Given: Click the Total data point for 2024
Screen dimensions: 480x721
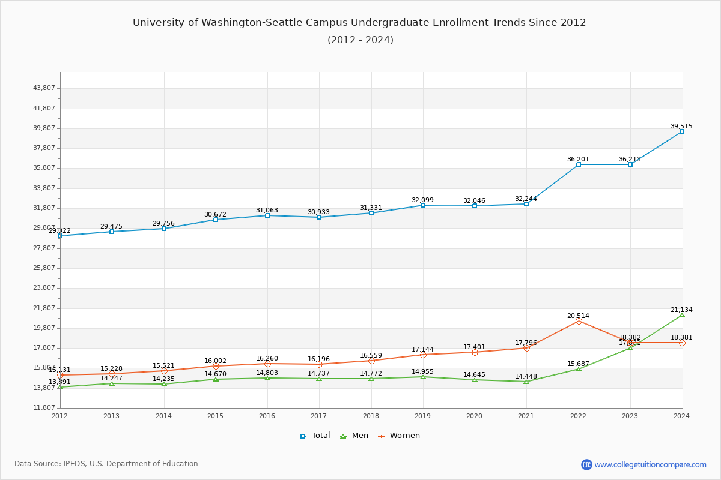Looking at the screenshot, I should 682,131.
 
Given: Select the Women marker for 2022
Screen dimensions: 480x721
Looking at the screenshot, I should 579,322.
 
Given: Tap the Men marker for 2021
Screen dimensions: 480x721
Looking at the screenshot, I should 526,382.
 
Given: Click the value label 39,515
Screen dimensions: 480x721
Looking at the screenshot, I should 681,126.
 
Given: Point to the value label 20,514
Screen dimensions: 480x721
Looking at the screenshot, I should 578,316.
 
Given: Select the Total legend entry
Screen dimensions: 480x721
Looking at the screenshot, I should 315,436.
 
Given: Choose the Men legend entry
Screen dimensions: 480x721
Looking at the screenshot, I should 355,436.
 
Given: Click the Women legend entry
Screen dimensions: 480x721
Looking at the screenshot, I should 399,436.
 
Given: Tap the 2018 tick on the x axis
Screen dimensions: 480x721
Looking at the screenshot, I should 371,416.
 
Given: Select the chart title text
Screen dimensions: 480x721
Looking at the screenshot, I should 359,23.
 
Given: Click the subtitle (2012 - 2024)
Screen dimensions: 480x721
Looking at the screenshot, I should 360,40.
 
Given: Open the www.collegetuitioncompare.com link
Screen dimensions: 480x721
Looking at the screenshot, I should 650,464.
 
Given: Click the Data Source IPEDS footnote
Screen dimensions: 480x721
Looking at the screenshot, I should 106,464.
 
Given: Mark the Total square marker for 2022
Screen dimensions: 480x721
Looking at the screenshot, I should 579,164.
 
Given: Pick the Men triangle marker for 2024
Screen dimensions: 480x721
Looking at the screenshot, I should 682,315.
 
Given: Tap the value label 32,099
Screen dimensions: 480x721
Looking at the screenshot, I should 422,200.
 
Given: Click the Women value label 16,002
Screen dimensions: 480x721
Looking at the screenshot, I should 215,361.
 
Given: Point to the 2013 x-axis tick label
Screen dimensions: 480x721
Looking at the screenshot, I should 111,416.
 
